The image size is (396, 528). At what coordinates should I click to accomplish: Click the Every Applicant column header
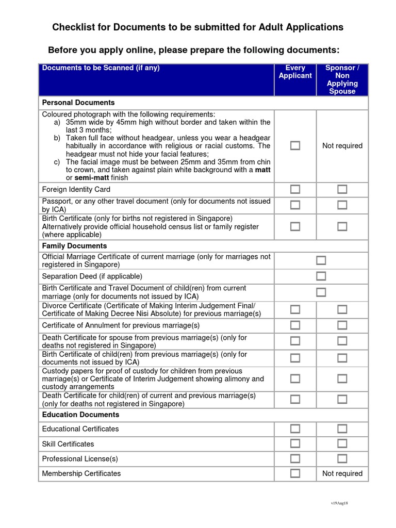[x=295, y=72]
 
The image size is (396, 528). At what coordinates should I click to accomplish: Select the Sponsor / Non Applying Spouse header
[x=342, y=79]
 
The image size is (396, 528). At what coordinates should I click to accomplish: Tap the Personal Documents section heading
[x=78, y=103]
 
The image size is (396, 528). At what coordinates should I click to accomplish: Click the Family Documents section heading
[x=74, y=246]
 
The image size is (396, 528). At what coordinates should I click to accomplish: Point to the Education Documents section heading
[x=80, y=415]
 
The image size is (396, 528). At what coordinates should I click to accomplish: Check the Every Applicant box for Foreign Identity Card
[x=295, y=189]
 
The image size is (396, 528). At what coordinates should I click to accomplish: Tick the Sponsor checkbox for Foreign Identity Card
[x=342, y=189]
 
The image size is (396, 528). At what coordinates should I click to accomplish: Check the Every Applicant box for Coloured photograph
[x=295, y=145]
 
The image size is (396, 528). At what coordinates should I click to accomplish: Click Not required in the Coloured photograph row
[x=342, y=146]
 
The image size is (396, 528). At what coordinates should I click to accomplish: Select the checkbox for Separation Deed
[x=321, y=276]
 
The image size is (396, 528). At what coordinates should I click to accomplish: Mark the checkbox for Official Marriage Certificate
[x=321, y=260]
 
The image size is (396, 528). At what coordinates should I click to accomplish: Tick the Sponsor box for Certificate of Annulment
[x=342, y=325]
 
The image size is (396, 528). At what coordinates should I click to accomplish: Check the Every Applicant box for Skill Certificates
[x=295, y=443]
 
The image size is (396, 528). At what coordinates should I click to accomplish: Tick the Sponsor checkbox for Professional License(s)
[x=342, y=458]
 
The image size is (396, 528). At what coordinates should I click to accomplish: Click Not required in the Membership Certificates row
[x=342, y=473]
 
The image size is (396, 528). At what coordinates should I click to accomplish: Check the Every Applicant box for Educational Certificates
[x=295, y=428]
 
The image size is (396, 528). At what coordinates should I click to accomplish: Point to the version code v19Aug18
[x=340, y=503]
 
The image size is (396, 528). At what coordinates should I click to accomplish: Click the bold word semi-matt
[x=93, y=178]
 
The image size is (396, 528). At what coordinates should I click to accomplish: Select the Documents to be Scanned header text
[x=101, y=68]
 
